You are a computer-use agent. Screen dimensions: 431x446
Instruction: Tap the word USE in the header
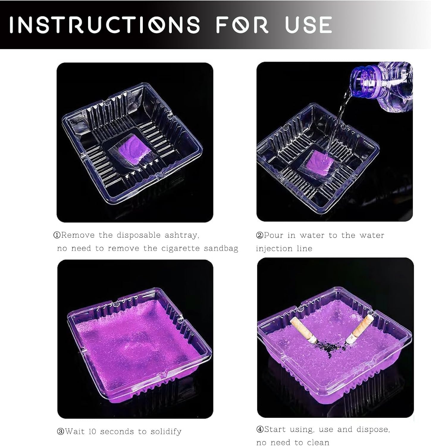(x=308, y=25)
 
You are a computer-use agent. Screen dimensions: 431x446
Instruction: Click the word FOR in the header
(x=242, y=25)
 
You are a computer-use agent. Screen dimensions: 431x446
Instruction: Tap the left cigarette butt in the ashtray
(x=302, y=330)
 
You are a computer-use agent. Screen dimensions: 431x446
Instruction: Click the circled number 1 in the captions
(x=57, y=235)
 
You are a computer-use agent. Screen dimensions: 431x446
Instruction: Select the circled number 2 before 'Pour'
(x=260, y=235)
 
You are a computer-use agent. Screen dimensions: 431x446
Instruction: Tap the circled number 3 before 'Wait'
(x=61, y=431)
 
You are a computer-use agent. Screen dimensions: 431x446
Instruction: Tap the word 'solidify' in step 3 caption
(x=166, y=432)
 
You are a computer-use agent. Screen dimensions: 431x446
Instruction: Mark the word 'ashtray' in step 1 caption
(x=182, y=235)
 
